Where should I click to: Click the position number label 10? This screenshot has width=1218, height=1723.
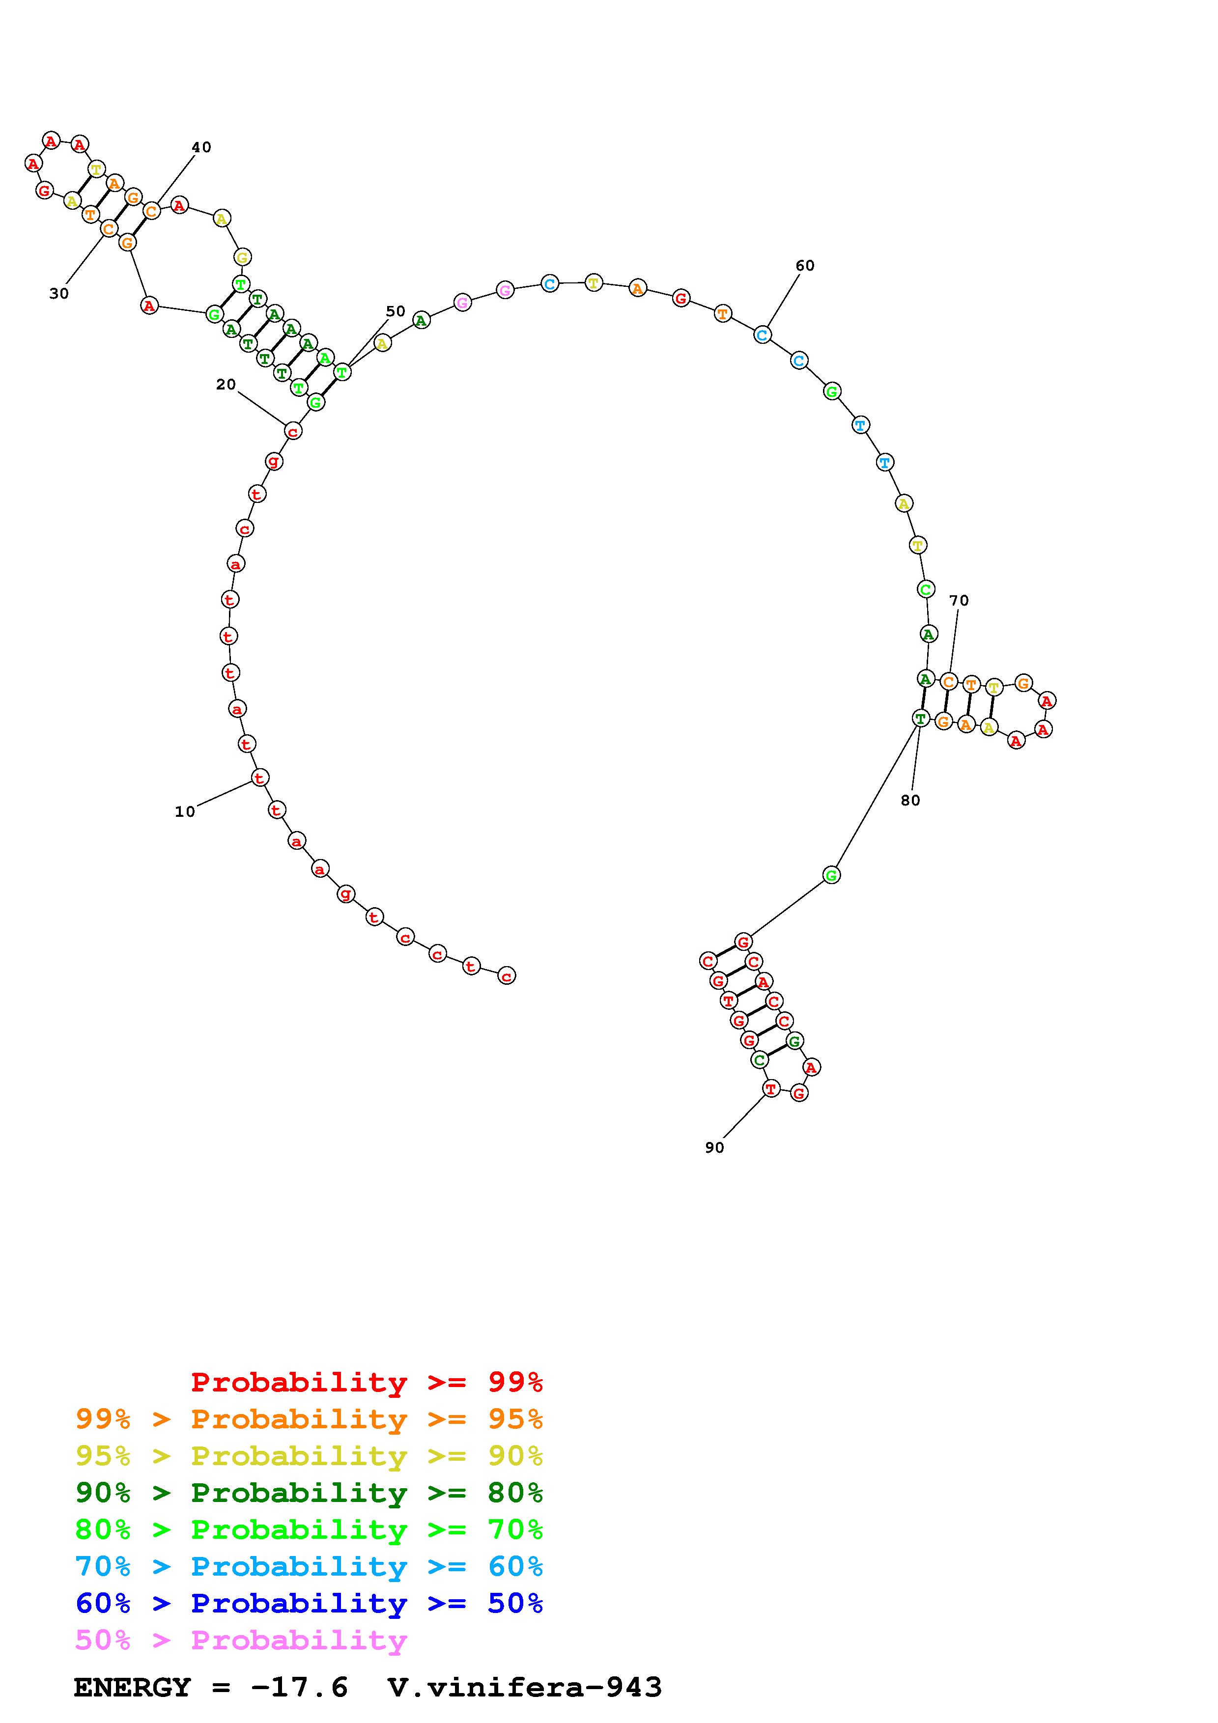pyautogui.click(x=185, y=811)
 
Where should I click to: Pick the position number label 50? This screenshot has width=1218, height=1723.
pyautogui.click(x=396, y=311)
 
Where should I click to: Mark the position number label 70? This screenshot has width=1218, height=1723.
pyautogui.click(x=959, y=600)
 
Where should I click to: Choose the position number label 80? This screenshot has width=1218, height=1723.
pyautogui.click(x=910, y=800)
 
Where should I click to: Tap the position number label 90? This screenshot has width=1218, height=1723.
pyautogui.click(x=714, y=1147)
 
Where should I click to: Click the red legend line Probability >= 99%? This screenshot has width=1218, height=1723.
pyautogui.click(x=367, y=1382)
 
